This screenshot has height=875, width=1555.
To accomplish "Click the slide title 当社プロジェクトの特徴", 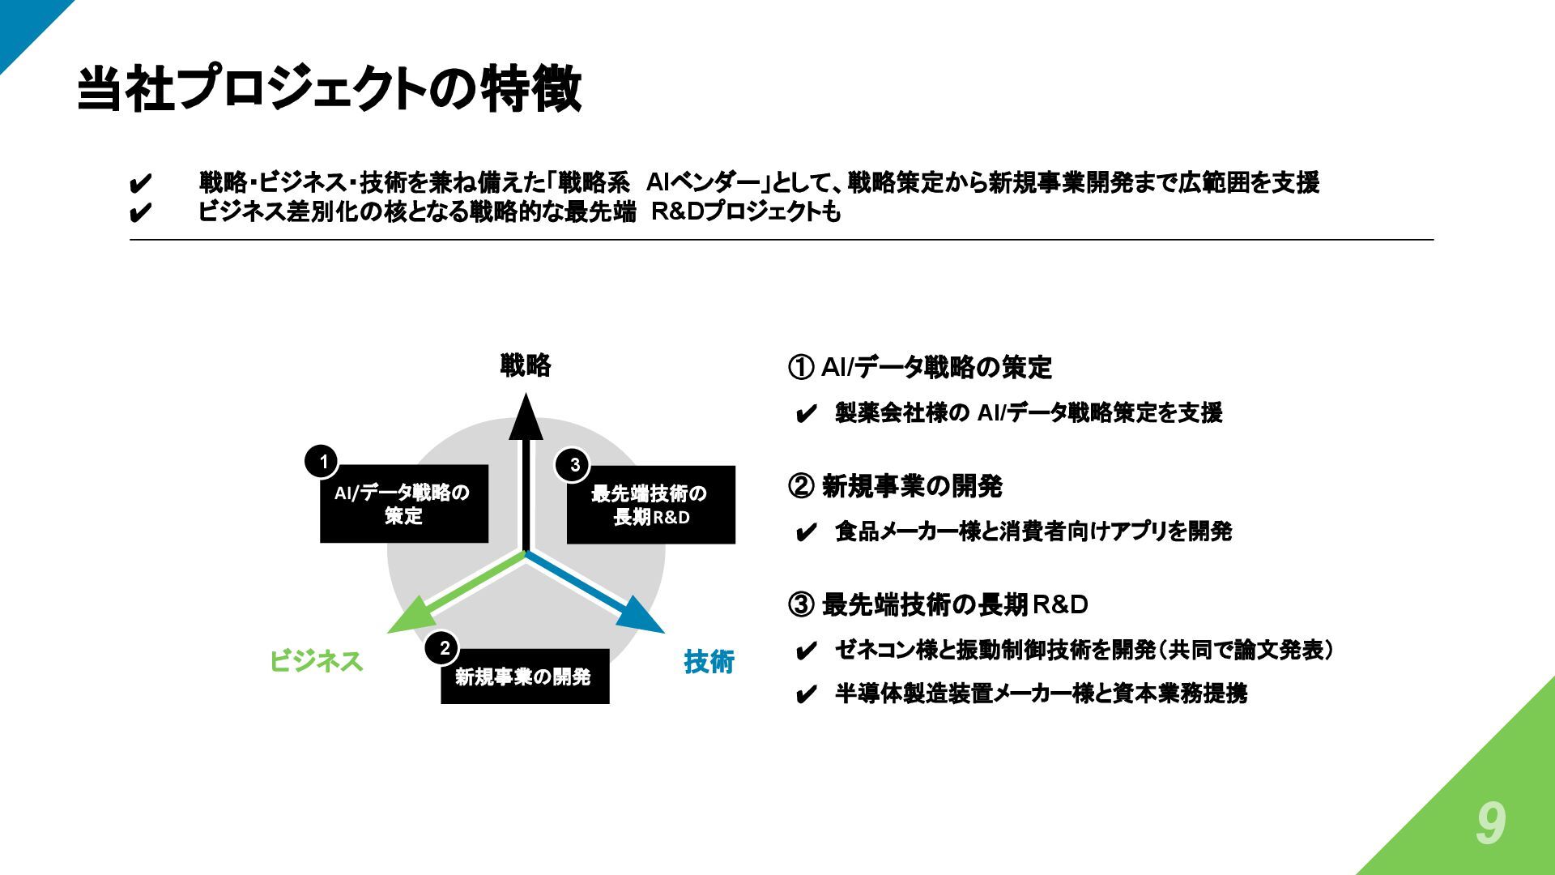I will click(329, 88).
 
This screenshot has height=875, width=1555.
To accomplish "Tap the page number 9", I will click(1490, 825).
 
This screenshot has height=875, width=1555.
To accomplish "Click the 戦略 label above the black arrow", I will click(526, 366).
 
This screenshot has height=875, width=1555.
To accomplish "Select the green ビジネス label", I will click(316, 662).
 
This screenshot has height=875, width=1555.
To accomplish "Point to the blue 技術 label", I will click(709, 662).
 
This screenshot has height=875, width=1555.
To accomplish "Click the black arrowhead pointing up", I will click(526, 416).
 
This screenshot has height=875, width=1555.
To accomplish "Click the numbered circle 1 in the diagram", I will click(323, 463).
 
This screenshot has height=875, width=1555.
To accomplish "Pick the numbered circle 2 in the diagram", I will click(444, 648).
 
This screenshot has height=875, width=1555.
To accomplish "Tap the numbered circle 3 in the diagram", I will click(574, 465).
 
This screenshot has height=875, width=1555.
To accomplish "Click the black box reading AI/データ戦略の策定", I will click(404, 504).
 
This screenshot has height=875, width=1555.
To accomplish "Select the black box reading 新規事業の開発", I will click(525, 677).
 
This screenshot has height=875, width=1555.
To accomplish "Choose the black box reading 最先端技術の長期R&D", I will click(651, 505).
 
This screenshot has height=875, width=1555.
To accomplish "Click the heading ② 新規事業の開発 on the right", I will click(895, 487).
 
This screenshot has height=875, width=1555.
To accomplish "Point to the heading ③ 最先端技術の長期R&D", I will click(938, 605).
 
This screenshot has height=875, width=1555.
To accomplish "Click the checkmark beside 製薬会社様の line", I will click(806, 416).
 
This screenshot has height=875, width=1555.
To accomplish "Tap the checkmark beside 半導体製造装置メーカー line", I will click(806, 696).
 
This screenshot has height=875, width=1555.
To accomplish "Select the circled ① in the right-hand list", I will click(799, 369).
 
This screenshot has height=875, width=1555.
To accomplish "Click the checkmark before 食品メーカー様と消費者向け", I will click(806, 534).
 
